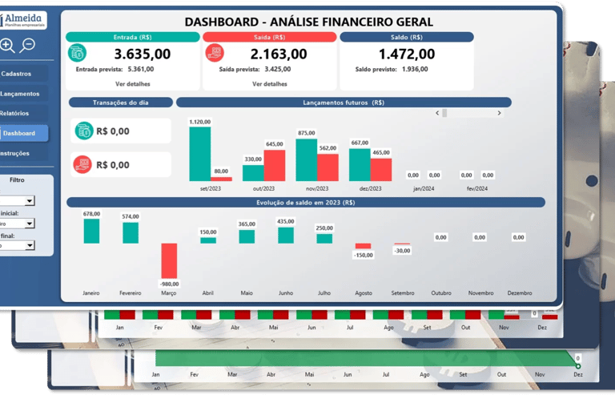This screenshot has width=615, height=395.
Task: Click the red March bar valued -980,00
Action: (x=169, y=260)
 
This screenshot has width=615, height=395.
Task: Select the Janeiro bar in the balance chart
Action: (x=91, y=232)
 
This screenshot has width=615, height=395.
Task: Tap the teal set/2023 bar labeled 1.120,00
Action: (x=199, y=154)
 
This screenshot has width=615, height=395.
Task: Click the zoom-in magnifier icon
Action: (x=7, y=46)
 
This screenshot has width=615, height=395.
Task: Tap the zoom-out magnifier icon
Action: (x=28, y=46)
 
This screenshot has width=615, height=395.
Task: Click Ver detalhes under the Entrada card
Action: (x=132, y=83)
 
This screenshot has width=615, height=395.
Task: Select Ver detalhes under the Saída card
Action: (x=269, y=83)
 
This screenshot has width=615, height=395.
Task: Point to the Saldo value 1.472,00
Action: (x=407, y=54)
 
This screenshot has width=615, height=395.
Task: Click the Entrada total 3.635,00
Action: (x=143, y=54)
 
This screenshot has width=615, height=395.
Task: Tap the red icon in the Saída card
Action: (x=215, y=53)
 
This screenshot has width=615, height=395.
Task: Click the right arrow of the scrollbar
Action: (x=499, y=113)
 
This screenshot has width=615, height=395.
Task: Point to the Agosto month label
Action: (x=363, y=293)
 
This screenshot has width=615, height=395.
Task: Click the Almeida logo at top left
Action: (x=24, y=20)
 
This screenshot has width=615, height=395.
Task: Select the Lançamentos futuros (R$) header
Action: (x=343, y=103)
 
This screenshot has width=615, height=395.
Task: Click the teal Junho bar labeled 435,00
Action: (x=286, y=235)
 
